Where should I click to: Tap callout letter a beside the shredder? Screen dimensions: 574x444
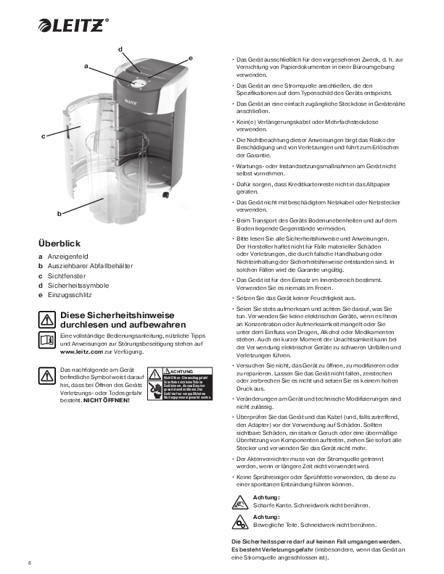point(86,67)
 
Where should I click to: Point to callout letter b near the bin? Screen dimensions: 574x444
point(59,213)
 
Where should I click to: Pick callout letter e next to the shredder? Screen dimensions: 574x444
point(190,57)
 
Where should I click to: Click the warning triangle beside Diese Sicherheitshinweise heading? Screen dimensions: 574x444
point(46,320)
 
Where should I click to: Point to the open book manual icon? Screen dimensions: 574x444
point(46,340)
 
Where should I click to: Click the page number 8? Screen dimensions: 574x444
point(30,563)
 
